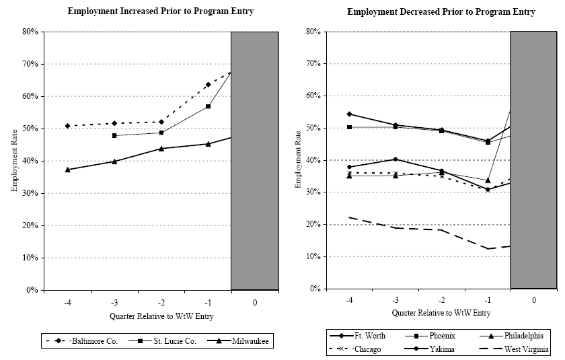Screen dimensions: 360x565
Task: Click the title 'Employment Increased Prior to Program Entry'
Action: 161,11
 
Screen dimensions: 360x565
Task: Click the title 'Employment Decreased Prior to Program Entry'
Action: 441,12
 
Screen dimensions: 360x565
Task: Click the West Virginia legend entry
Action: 525,349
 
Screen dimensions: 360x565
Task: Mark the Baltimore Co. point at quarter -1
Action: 209,85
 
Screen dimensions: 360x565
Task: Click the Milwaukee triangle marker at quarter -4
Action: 67,170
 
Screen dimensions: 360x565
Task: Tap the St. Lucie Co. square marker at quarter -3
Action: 114,135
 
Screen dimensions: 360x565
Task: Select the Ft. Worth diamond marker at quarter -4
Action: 348,114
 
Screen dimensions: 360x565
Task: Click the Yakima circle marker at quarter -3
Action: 395,159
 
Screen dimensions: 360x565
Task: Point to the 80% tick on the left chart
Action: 29,32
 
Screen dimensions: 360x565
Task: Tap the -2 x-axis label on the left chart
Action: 161,303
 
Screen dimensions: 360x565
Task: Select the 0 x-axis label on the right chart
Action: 533,301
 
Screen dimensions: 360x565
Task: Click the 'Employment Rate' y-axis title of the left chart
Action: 14,161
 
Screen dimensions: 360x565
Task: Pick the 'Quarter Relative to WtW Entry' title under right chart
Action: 441,313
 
